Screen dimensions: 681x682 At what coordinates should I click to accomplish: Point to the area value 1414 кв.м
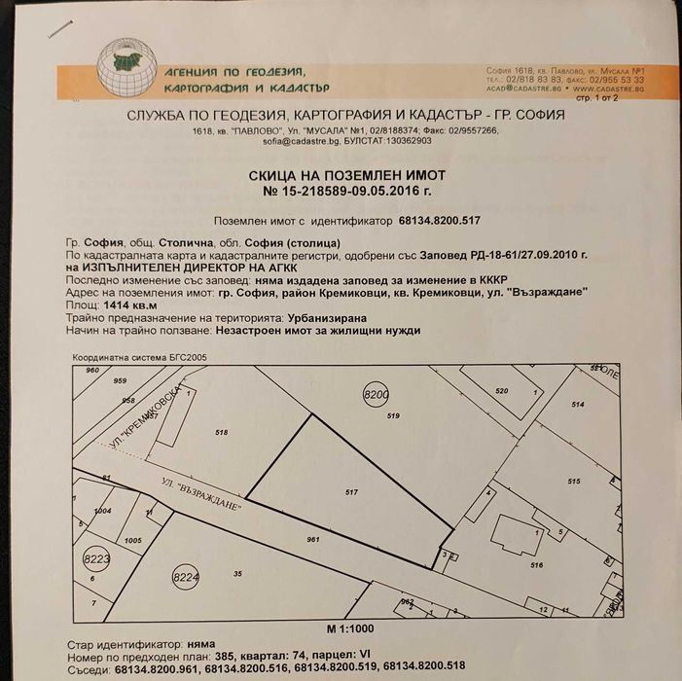(116, 305)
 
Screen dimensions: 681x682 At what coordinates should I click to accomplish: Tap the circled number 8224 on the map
(187, 576)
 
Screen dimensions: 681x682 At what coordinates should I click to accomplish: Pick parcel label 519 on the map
(393, 416)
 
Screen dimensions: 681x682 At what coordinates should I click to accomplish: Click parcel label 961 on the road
(312, 539)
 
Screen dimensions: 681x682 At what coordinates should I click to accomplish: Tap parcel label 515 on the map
(574, 482)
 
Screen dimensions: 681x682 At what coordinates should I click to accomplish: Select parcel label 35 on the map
(237, 573)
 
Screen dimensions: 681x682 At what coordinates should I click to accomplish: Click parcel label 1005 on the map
(134, 539)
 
